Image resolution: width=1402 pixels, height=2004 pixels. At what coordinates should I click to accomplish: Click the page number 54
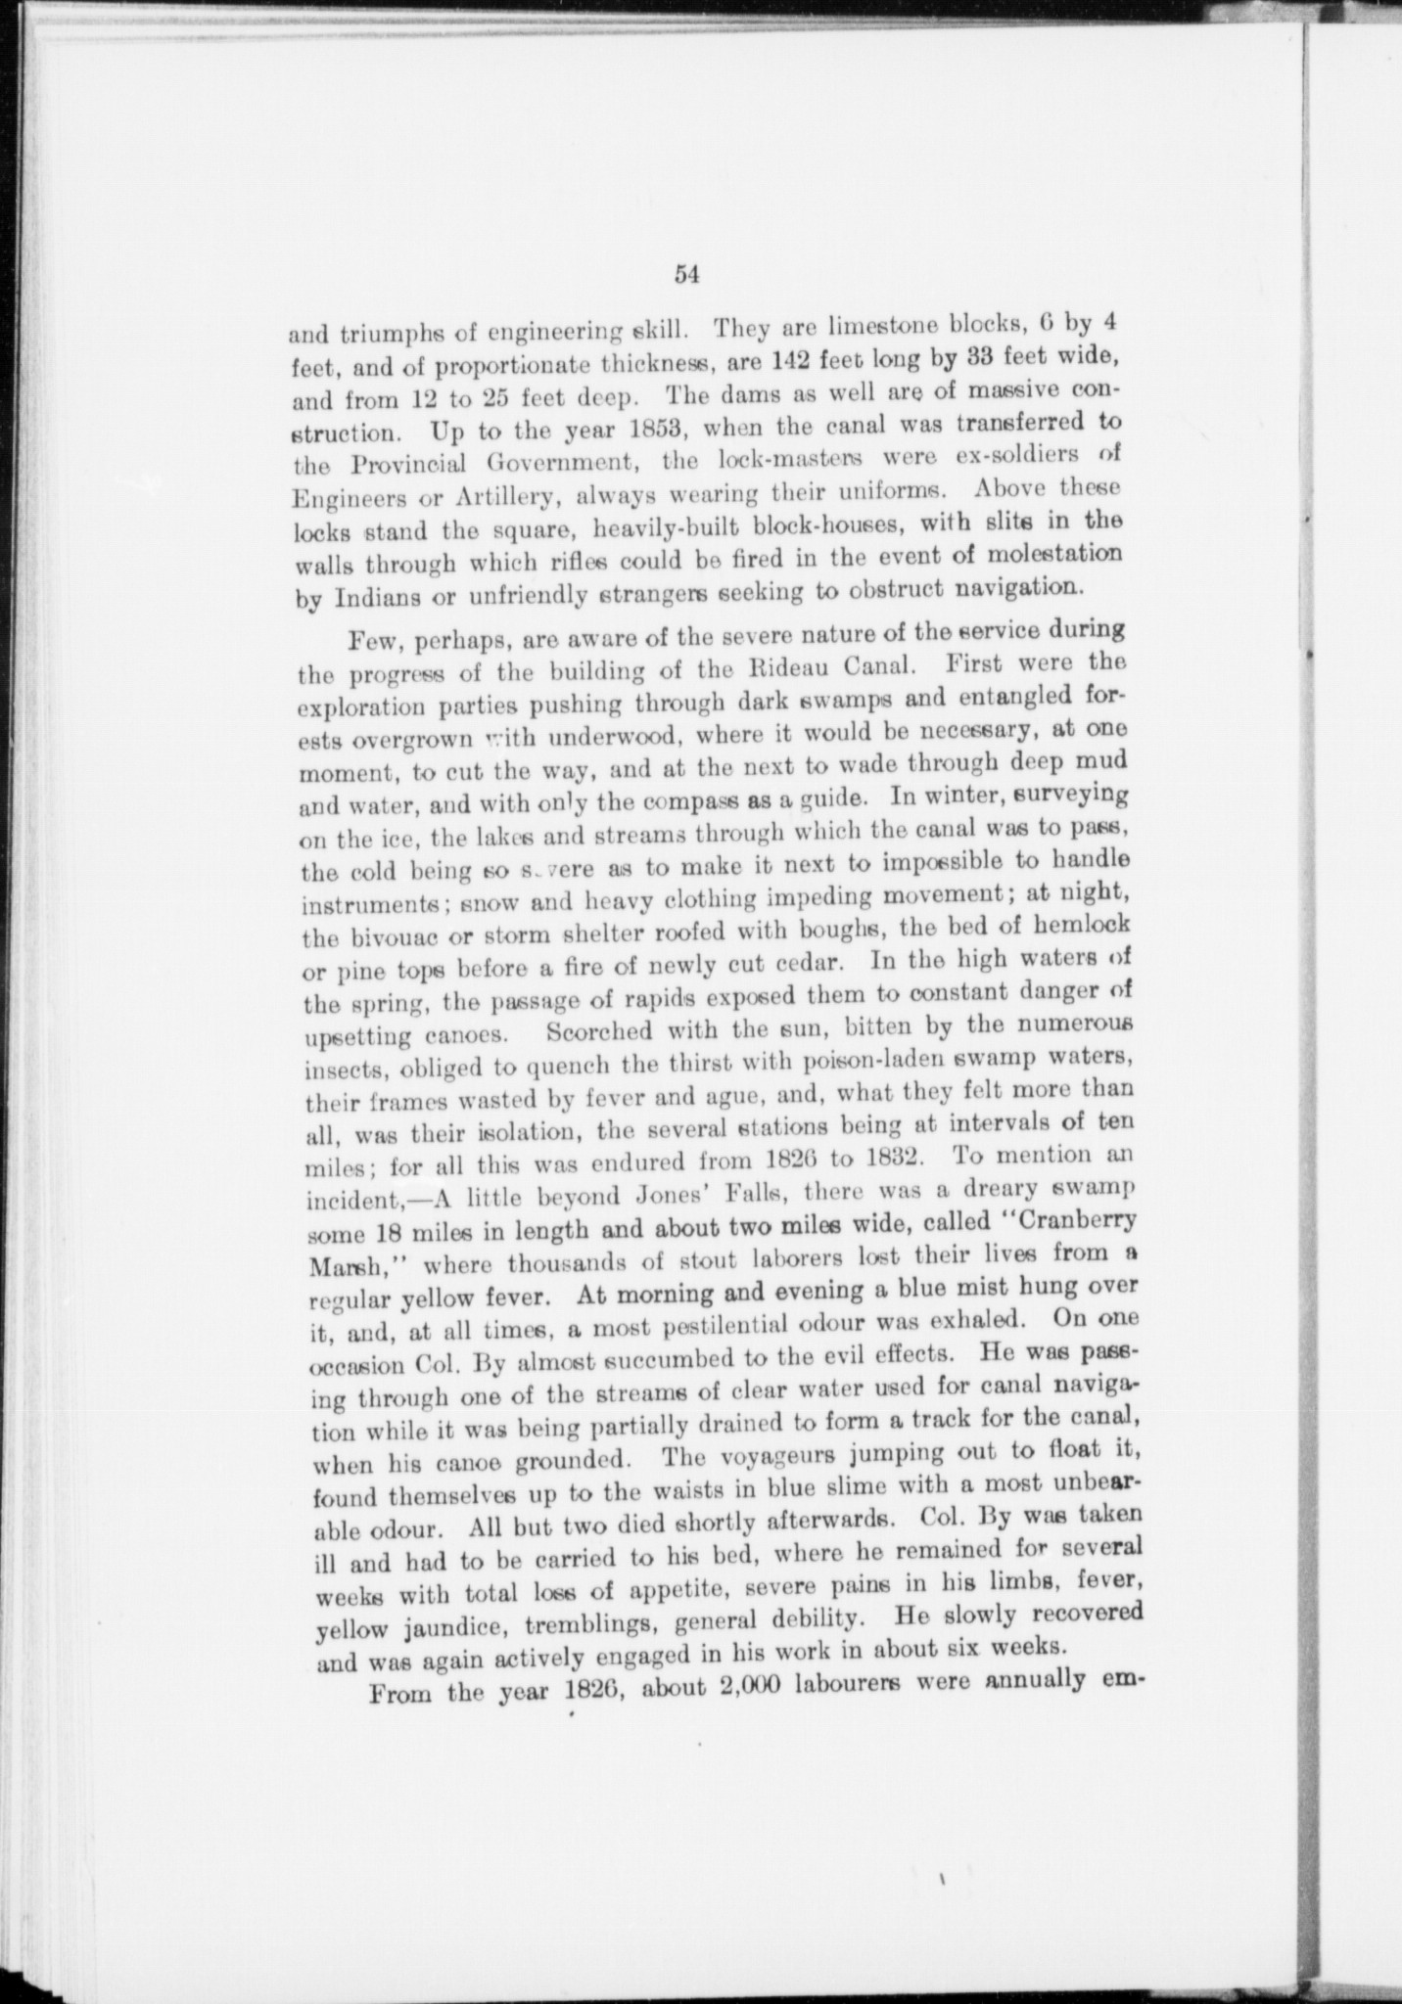(685, 275)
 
